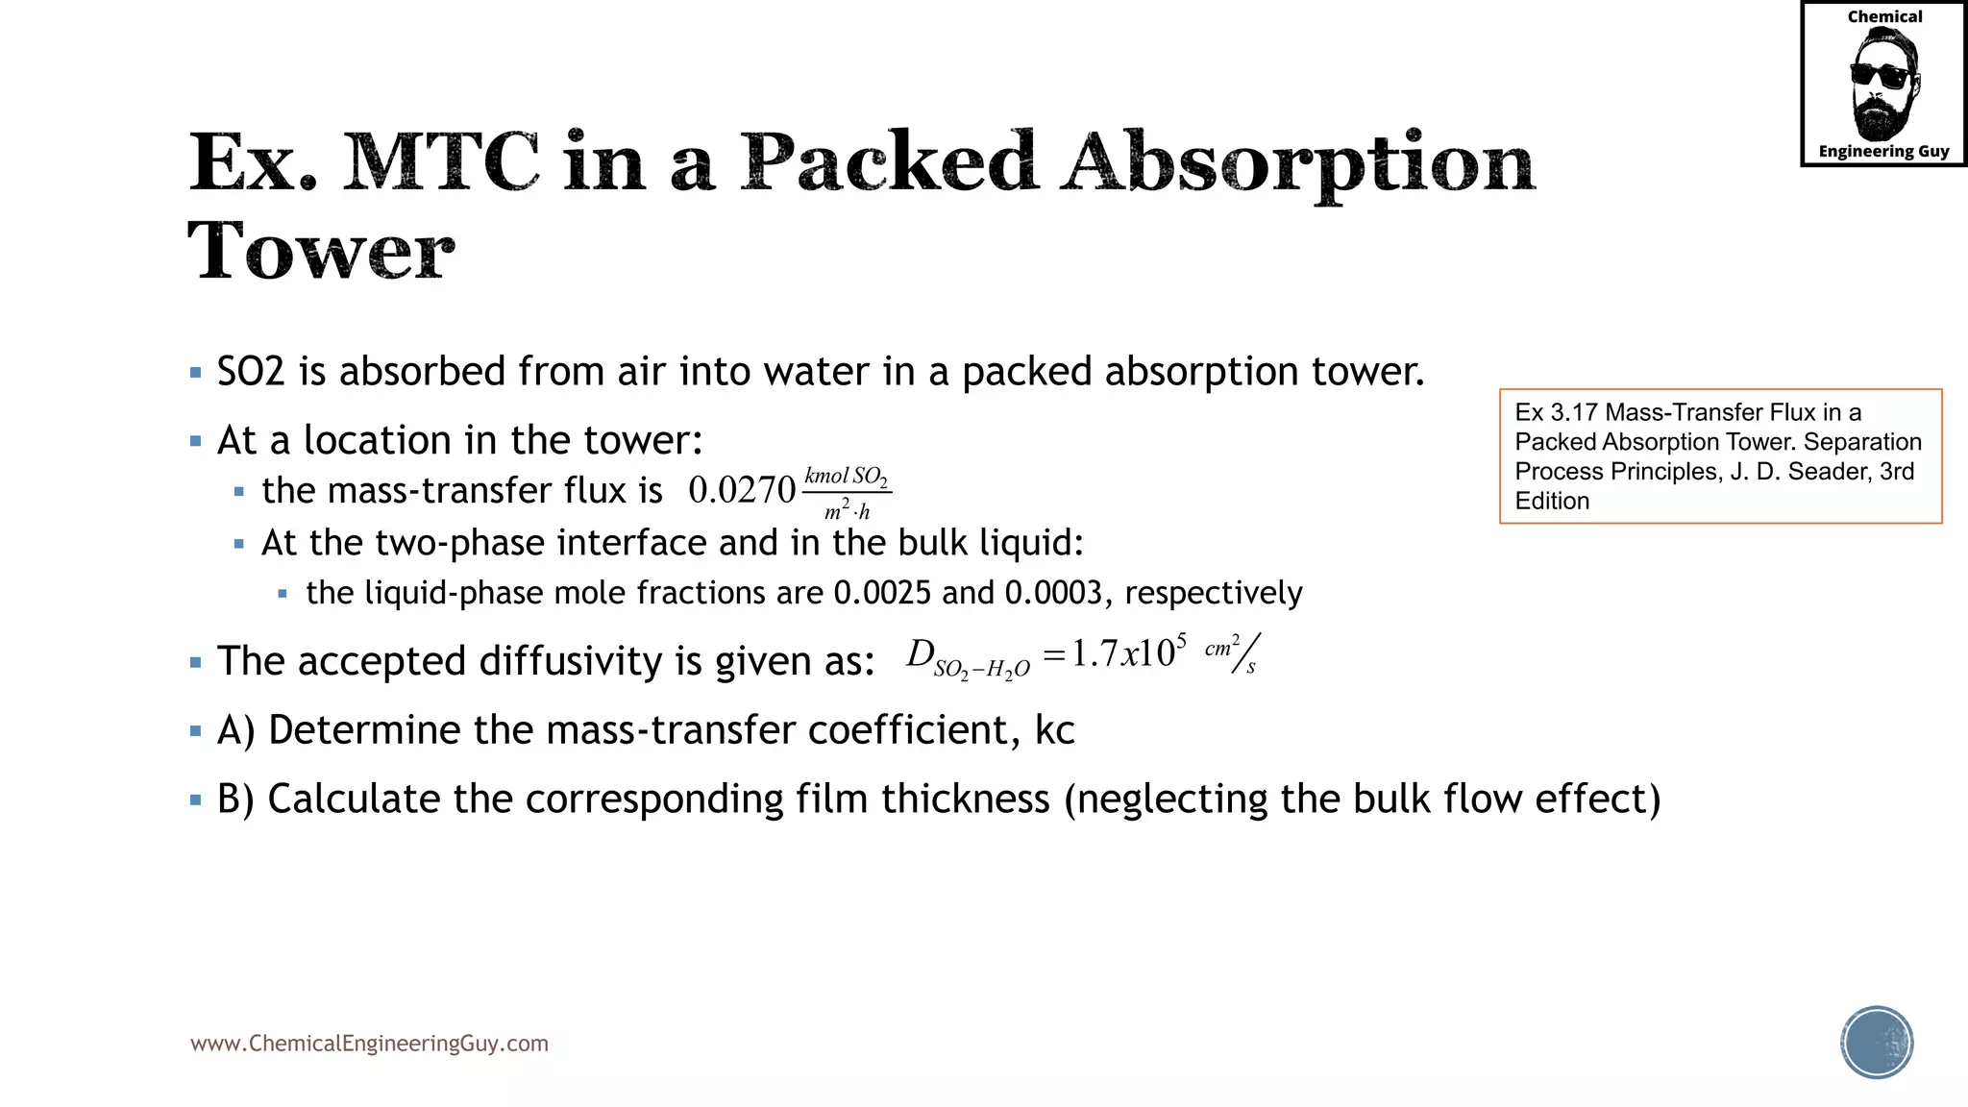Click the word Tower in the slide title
tap(321, 250)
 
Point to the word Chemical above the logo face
tap(1884, 16)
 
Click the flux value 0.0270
tap(742, 490)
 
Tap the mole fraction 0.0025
tap(882, 593)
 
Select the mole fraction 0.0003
tap(1053, 593)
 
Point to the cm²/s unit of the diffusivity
tap(1230, 653)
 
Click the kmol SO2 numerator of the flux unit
tap(846, 477)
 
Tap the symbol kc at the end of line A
tap(1054, 730)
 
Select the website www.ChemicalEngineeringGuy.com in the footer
tap(369, 1044)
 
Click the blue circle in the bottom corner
tap(1877, 1043)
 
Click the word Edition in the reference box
tap(1552, 502)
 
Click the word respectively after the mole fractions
tap(1213, 593)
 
